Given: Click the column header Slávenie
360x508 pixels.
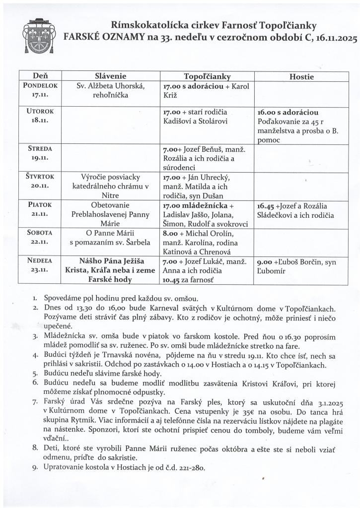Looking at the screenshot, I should pyautogui.click(x=111, y=76).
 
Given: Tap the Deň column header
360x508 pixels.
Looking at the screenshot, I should pyautogui.click(x=40, y=76).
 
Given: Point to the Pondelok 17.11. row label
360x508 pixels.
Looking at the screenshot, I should pyautogui.click(x=40, y=89).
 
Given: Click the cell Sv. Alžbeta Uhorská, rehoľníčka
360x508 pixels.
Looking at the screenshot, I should pyautogui.click(x=110, y=90).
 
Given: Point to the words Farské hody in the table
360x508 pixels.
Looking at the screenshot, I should pyautogui.click(x=111, y=279).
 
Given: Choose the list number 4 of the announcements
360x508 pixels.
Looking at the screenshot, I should pyautogui.click(x=35, y=355).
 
